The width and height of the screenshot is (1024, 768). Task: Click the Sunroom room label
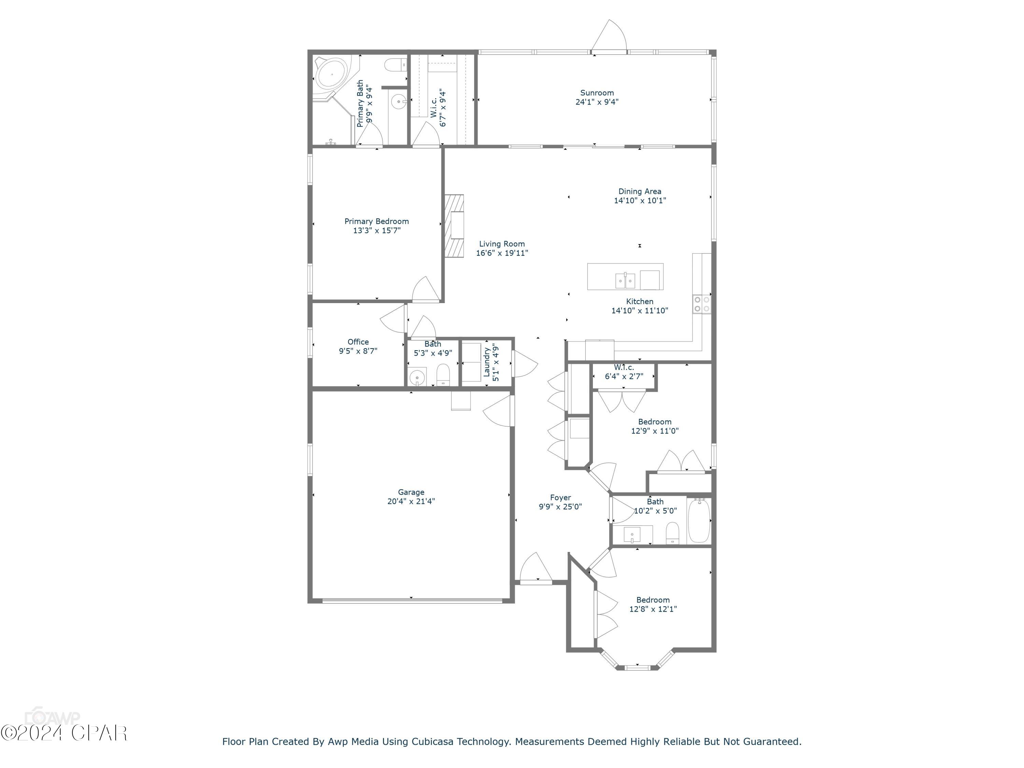[597, 93]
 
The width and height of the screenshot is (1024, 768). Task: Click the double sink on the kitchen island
[625, 280]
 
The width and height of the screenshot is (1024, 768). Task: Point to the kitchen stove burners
[702, 304]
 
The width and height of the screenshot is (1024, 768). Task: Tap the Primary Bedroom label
[376, 221]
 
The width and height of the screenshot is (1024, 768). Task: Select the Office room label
[358, 342]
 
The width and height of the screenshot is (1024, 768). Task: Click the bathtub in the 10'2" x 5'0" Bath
[699, 521]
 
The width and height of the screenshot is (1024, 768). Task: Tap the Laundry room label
[486, 362]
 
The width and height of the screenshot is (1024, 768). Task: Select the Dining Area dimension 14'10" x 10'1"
[640, 200]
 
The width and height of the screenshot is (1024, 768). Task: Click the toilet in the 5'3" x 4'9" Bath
[443, 375]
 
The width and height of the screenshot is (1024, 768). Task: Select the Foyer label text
[560, 498]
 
